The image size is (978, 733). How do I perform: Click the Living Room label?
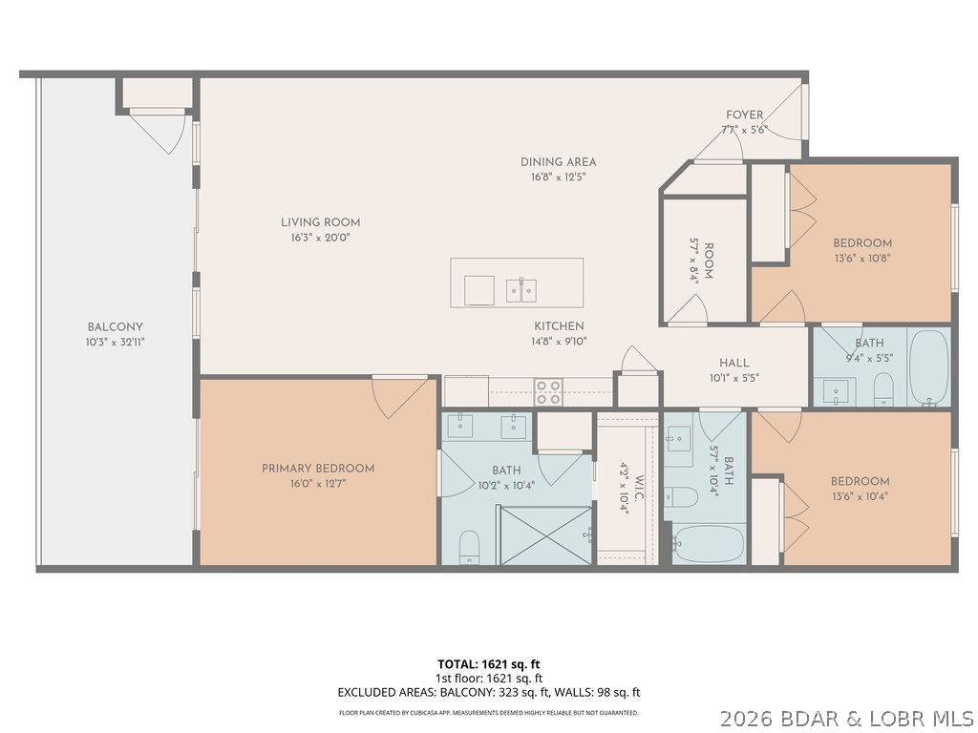click(320, 222)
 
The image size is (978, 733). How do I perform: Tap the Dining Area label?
click(558, 162)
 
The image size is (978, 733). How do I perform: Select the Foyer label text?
click(744, 115)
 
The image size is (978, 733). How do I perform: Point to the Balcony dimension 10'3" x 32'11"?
click(116, 342)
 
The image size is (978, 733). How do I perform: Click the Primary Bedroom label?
click(318, 469)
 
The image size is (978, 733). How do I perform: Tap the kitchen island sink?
click(521, 289)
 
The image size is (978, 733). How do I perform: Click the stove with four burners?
click(548, 392)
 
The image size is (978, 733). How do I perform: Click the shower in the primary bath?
click(544, 534)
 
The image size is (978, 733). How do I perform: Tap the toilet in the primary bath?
click(469, 546)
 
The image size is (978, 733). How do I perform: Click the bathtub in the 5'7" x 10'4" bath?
click(709, 544)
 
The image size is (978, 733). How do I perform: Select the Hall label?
click(733, 363)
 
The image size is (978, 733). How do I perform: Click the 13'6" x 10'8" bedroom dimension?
click(861, 258)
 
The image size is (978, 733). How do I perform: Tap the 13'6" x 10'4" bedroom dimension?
click(860, 496)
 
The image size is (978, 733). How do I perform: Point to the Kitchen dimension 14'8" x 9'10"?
click(559, 341)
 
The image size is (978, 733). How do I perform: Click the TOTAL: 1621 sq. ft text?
click(488, 663)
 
